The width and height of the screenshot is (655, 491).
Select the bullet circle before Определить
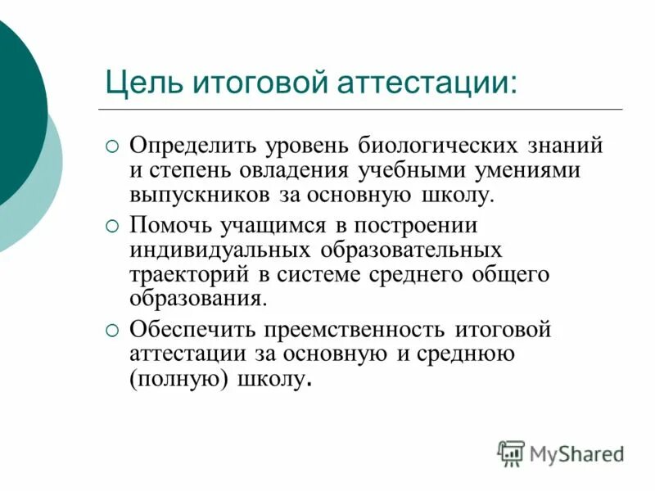point(113,146)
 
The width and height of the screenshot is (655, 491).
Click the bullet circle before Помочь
point(113,223)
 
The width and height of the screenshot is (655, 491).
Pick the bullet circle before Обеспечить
point(113,329)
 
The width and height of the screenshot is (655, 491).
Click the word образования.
point(197,297)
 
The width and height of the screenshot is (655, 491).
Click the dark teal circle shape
point(16,115)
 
